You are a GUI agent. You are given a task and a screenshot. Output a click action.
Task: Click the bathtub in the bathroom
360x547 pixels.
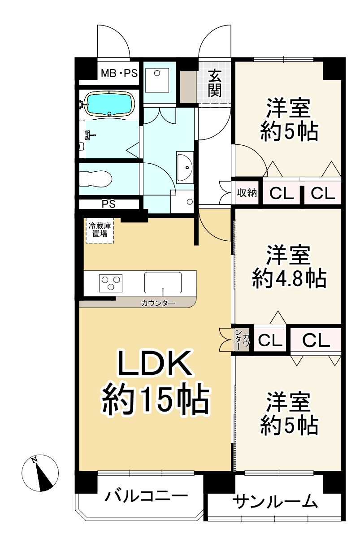point(109,104)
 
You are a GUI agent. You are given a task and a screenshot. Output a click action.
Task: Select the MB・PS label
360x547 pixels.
point(119,73)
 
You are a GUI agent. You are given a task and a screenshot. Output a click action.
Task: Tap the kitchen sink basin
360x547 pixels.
point(164,283)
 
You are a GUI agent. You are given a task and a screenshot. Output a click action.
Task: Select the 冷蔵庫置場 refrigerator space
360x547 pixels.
point(100,230)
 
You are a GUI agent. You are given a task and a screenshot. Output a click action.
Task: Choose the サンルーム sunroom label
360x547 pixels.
point(275,501)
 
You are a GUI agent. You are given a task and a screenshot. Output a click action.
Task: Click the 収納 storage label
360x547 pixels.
point(247,193)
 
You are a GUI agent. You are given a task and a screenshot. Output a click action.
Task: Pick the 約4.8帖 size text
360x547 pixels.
point(289,279)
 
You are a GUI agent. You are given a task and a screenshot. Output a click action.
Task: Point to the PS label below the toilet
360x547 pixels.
point(108,204)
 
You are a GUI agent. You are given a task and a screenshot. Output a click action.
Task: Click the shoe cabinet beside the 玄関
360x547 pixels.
point(188,86)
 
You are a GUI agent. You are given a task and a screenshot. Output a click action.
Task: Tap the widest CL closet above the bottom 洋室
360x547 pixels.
point(316,340)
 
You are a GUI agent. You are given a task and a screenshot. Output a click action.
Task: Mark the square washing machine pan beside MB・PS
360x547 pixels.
point(157,79)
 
